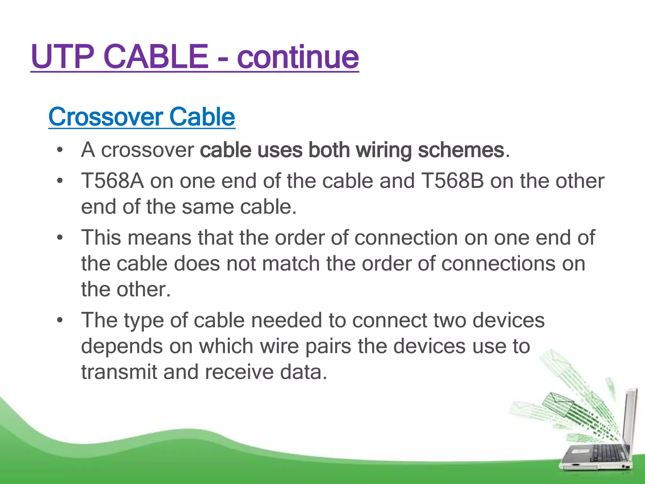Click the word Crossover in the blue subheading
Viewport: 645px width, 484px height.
(106, 117)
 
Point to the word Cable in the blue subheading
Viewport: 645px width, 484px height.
(202, 117)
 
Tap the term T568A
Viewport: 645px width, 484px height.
(112, 181)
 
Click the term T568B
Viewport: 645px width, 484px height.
(452, 181)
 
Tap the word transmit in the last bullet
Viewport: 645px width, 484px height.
(119, 372)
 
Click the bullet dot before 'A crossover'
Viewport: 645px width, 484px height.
(60, 150)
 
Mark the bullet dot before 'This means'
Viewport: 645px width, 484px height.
(60, 238)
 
